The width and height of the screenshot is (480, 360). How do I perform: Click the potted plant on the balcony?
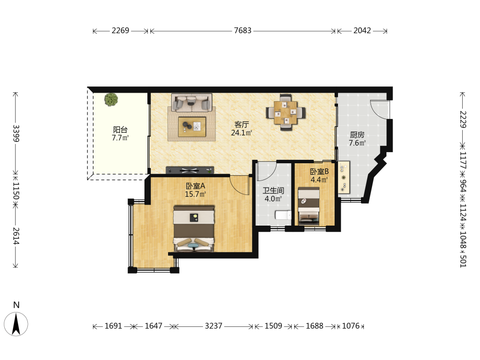(x=111, y=100)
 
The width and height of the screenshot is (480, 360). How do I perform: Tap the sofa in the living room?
(x=192, y=103)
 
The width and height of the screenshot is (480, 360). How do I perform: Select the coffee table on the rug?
(x=192, y=127)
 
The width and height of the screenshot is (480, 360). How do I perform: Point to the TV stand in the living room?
(x=190, y=170)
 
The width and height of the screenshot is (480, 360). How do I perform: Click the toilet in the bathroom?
(x=283, y=215)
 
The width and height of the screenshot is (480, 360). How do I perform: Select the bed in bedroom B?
(x=309, y=206)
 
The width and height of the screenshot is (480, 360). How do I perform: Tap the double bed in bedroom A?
(x=194, y=228)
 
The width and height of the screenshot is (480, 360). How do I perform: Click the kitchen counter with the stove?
(x=344, y=177)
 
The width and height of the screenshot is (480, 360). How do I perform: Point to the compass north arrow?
(x=16, y=324)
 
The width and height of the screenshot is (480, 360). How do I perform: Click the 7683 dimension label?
(x=242, y=31)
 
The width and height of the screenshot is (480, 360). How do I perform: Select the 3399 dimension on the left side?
(x=16, y=133)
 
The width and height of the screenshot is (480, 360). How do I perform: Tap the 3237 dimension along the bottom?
(x=214, y=326)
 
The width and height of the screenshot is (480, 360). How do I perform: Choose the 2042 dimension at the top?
(x=362, y=31)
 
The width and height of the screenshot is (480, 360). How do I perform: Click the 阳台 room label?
(x=120, y=130)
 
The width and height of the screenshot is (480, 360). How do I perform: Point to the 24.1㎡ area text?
(x=241, y=133)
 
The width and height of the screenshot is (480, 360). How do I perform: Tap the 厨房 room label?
(x=357, y=135)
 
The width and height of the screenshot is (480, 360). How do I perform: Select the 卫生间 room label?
(x=274, y=191)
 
